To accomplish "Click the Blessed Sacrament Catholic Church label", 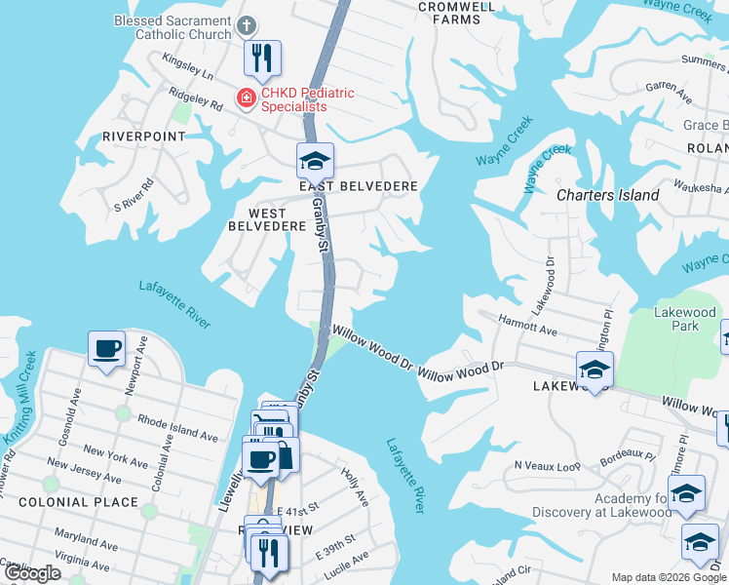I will (173, 27).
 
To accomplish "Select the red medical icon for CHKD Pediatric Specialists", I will (247, 97).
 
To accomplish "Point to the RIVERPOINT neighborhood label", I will (143, 136).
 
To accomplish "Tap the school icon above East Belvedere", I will (315, 160).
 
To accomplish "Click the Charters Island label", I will (607, 195).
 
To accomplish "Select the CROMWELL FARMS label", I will (449, 12).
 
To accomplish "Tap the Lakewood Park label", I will (685, 320).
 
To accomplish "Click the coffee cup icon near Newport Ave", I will (106, 348).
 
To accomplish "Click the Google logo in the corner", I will (32, 573).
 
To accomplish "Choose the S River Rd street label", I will (134, 195).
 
